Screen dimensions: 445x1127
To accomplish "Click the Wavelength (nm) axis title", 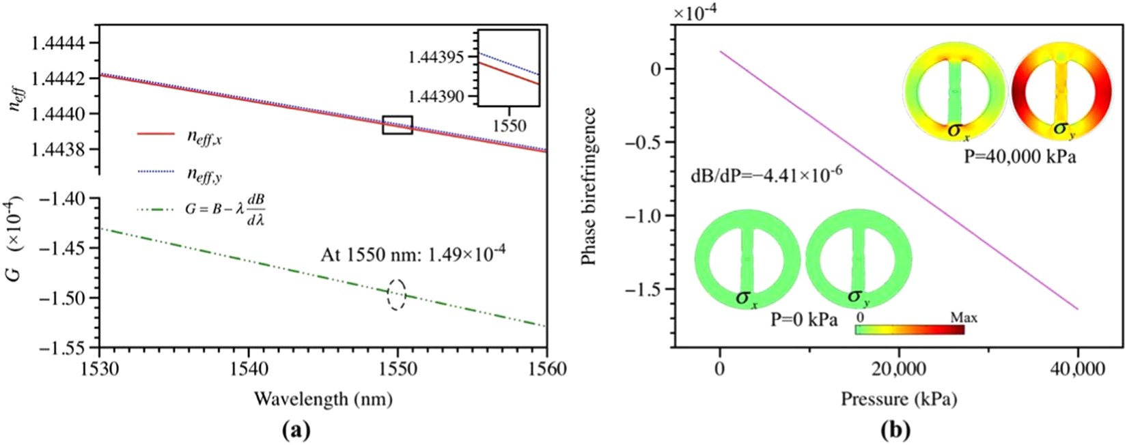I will (323, 399).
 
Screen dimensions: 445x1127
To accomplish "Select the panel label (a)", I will (296, 430).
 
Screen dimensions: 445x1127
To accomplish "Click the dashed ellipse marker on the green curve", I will (397, 295).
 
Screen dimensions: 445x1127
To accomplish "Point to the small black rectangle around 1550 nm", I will (397, 125).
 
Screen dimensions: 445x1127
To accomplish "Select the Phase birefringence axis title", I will (589, 186).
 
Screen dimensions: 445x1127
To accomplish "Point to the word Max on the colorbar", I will (964, 318).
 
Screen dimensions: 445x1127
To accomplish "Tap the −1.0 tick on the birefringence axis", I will (643, 216).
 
